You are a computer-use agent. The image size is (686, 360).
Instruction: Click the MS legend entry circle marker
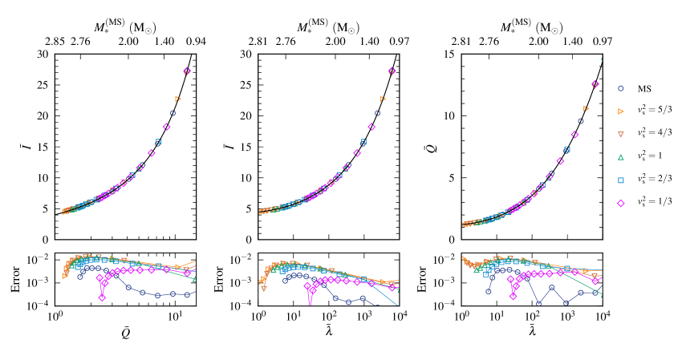tap(620, 87)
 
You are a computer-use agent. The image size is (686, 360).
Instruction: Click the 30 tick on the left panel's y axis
tap(43, 55)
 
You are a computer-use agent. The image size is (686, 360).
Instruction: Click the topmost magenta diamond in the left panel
tap(187, 71)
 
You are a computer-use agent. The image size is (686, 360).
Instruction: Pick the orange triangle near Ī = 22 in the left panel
tap(177, 99)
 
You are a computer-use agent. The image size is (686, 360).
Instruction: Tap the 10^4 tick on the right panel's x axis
tap(602, 317)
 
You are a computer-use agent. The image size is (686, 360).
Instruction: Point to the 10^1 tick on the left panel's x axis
tap(174, 317)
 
